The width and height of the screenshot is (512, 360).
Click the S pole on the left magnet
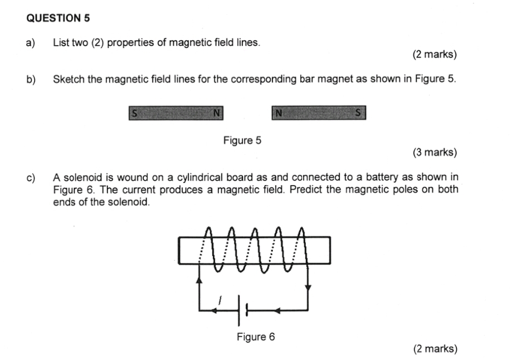click(134, 113)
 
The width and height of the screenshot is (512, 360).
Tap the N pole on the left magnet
click(217, 113)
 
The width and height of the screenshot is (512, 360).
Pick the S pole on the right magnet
click(359, 113)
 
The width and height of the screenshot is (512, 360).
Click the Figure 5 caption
click(242, 140)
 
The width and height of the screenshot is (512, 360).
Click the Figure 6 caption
click(256, 337)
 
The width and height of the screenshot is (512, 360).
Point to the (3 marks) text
click(435, 152)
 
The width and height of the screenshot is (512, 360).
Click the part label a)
click(31, 42)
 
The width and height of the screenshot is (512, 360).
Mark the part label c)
click(31, 178)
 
